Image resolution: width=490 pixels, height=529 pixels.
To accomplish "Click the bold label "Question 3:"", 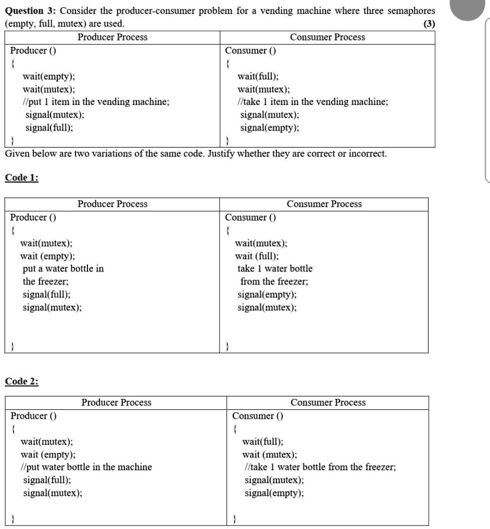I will [x=34, y=11].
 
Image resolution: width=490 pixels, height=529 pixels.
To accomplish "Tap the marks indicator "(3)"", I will [x=430, y=24].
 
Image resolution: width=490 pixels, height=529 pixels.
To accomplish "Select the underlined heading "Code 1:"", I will [x=22, y=177].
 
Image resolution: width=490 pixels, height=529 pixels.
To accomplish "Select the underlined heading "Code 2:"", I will [x=22, y=381].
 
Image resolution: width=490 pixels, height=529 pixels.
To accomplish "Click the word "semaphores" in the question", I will [x=410, y=11].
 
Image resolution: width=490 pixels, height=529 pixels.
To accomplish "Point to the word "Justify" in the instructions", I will [x=219, y=154].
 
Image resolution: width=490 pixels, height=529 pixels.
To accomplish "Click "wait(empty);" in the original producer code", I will [x=48, y=76].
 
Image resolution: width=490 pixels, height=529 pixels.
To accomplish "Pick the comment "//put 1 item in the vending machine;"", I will [x=96, y=102].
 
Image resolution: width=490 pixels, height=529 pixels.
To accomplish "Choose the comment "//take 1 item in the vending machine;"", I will [x=312, y=102].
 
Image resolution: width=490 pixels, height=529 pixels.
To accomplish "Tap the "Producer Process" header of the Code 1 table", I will [x=112, y=204].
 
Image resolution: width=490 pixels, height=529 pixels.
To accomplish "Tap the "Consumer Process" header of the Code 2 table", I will [x=328, y=402].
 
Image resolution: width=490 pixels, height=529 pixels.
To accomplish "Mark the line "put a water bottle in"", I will [x=63, y=268].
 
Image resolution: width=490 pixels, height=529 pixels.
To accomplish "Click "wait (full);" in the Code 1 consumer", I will [x=257, y=256].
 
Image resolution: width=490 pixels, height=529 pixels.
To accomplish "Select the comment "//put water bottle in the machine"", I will [x=86, y=467].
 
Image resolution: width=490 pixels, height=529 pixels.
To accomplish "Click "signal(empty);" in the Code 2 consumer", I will [x=274, y=492].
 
